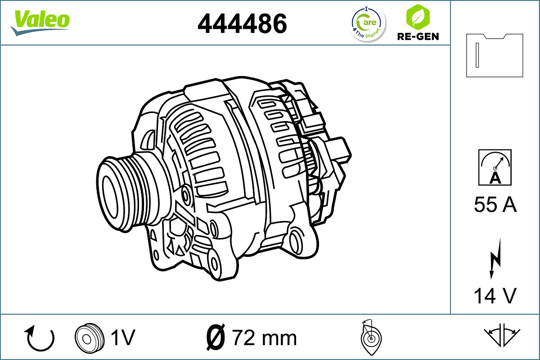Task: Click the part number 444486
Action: click(242, 23)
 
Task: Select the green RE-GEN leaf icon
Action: click(418, 17)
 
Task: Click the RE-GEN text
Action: click(418, 36)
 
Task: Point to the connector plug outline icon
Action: click(495, 55)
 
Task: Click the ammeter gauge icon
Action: click(495, 167)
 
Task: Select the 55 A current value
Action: click(495, 205)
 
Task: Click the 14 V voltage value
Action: click(495, 296)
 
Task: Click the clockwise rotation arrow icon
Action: click(40, 338)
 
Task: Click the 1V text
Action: click(122, 337)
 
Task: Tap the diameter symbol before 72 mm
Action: click(216, 337)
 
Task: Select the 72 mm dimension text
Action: click(264, 337)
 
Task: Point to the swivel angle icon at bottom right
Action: click(502, 335)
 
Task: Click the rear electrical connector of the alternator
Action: click(337, 151)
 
